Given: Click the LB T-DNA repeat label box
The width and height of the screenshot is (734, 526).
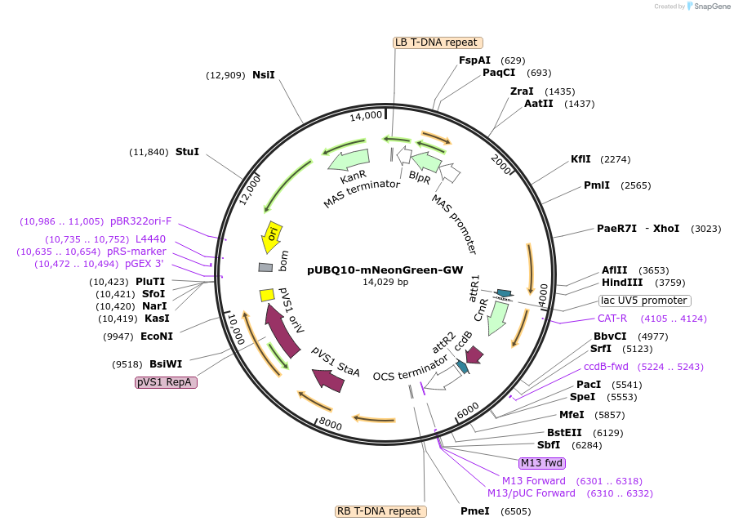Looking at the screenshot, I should (x=438, y=42).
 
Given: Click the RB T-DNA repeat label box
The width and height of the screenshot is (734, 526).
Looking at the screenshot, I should (x=380, y=511).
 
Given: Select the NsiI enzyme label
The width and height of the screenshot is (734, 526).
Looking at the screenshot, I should (x=263, y=75).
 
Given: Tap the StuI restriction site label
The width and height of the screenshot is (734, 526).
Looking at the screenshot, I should (x=187, y=152).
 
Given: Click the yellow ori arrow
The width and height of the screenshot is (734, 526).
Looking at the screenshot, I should (x=272, y=234).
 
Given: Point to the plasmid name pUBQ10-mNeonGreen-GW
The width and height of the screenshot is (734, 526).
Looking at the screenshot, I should (x=385, y=270).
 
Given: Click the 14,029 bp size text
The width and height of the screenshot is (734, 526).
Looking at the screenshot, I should (x=385, y=283).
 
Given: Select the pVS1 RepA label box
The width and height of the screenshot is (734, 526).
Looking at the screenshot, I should (x=166, y=382).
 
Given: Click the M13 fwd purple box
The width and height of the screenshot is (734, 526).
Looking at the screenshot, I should (x=542, y=463).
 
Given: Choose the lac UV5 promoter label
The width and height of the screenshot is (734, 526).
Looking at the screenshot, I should (x=644, y=301).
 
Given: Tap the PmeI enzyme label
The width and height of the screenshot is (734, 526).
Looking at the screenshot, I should (x=474, y=511).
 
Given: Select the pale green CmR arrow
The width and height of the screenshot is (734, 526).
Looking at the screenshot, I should (x=496, y=319).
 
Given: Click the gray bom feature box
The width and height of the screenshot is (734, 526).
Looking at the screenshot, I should (x=265, y=267).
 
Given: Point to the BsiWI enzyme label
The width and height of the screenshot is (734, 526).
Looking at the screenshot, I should (x=166, y=364).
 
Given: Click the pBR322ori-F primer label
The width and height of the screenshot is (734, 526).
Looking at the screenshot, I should (x=141, y=221).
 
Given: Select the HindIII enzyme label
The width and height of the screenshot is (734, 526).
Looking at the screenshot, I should (x=622, y=283).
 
